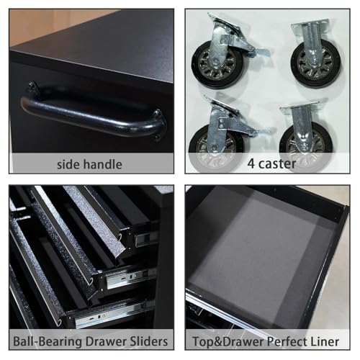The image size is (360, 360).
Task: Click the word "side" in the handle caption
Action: [x=68, y=164]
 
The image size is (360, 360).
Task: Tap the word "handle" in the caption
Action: [x=103, y=164]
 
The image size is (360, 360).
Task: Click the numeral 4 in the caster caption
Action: [x=251, y=164]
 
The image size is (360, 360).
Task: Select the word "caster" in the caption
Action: [x=277, y=164]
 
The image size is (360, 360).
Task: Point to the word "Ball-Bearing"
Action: [x=48, y=341]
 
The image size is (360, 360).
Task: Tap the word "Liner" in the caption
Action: [x=325, y=341]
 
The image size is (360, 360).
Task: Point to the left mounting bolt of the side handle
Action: [x=32, y=85]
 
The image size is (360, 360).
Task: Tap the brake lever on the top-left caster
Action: [x=261, y=53]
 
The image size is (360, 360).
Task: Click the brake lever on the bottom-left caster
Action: [x=264, y=132]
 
